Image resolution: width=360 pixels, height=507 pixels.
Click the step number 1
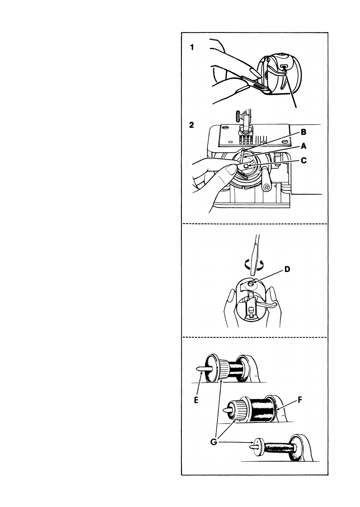tap(192, 48)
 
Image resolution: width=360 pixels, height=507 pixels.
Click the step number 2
tap(191, 125)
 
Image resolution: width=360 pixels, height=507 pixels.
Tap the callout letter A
tap(304, 146)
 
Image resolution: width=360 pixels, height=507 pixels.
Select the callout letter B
tap(304, 132)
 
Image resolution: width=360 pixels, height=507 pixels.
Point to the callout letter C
tap(304, 160)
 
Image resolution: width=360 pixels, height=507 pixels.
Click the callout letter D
tap(287, 269)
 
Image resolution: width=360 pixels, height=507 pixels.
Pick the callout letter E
tap(196, 400)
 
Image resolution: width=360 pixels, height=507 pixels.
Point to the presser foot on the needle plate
tap(245, 135)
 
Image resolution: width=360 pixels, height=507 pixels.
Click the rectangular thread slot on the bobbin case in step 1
tap(283, 66)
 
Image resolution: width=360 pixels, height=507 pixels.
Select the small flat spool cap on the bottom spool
tap(259, 445)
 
